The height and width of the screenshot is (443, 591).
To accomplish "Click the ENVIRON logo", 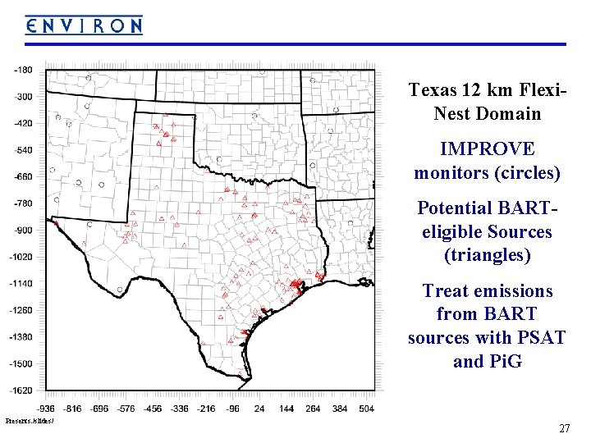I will click(84, 25).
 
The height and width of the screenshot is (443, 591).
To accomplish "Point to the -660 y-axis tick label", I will click(23, 176).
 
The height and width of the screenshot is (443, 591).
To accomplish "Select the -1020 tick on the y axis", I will click(23, 257).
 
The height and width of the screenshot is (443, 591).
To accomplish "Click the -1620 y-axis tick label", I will click(23, 390).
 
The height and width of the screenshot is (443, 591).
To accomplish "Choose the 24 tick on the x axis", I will click(260, 407).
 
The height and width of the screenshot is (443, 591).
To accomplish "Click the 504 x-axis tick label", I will click(367, 407).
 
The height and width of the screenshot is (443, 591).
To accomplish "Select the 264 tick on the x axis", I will click(313, 407).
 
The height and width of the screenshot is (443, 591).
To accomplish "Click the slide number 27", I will click(564, 428).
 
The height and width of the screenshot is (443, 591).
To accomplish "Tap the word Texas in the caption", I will click(433, 90).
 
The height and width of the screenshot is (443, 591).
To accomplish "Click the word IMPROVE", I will click(487, 149).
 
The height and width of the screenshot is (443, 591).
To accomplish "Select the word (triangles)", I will click(487, 255).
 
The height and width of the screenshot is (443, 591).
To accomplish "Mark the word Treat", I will click(443, 290).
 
